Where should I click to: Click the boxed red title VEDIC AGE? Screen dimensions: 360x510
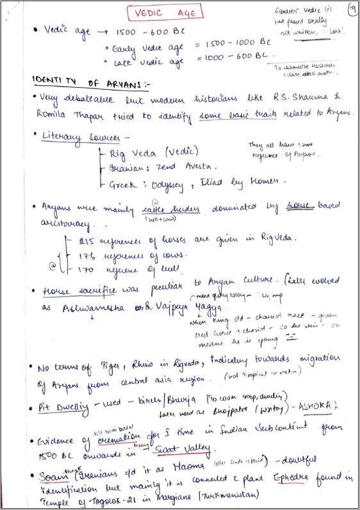tap(164, 12)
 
